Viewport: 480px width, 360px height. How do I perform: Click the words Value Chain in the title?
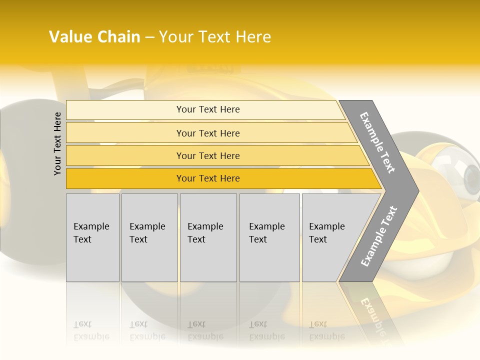coord(94,37)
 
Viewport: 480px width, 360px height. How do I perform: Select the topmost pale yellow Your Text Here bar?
coord(207,109)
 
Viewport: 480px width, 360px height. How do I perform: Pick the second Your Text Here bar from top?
coord(207,133)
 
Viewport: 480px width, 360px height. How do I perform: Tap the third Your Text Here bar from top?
coord(207,155)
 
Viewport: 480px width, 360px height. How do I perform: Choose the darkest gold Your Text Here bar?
coord(207,178)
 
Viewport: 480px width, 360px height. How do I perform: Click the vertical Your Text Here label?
coord(57,143)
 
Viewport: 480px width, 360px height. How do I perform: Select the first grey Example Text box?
coord(92,237)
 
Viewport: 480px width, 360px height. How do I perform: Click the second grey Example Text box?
coord(149,237)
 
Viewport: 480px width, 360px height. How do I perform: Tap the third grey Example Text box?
coord(208,237)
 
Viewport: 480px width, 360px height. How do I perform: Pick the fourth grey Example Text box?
coord(269,237)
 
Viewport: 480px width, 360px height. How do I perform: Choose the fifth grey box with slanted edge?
coord(330,237)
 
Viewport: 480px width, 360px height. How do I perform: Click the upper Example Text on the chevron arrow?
coord(378,142)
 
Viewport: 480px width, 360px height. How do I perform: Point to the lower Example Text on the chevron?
coord(378,236)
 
